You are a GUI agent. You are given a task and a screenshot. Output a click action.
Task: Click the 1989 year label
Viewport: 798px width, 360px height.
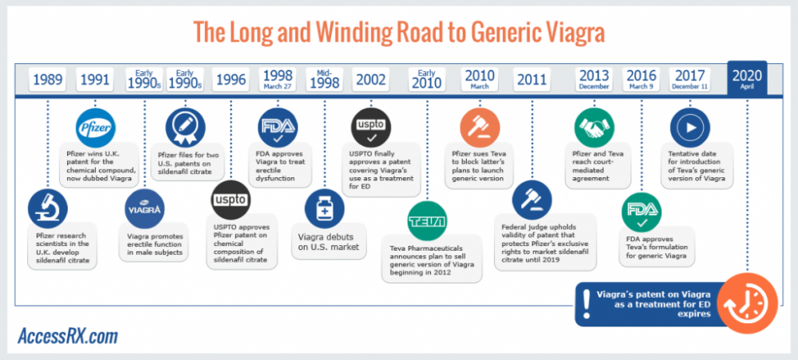pos(47,80)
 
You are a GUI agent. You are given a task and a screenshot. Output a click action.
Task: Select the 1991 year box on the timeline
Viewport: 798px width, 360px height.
pos(96,80)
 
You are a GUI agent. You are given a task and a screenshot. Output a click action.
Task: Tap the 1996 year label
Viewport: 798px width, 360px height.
pos(231,80)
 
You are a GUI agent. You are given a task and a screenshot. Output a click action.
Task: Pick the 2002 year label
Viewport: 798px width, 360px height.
pos(371,80)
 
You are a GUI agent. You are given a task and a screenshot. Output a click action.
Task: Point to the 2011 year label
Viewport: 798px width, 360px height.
pos(531,80)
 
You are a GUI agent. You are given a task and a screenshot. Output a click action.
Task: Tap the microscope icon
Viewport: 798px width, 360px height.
pos(47,208)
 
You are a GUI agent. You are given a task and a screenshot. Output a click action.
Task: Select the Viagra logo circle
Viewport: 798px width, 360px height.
pos(144,208)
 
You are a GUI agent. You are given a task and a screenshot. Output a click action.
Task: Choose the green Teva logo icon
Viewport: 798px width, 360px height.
pos(426,220)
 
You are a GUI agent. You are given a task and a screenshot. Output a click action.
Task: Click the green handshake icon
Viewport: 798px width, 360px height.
pos(595,126)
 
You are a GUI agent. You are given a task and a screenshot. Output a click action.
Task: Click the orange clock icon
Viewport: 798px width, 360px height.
pos(743,303)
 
